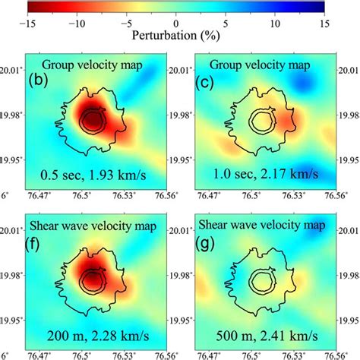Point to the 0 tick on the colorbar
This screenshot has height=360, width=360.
click(177, 23)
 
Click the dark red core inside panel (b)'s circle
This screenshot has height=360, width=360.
click(92, 121)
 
